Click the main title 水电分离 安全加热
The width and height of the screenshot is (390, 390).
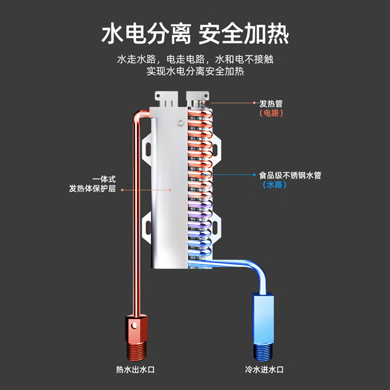(x=195, y=34)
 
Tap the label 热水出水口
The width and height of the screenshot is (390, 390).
(x=136, y=370)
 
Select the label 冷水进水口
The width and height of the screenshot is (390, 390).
(x=264, y=370)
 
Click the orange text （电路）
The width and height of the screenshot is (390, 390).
(x=271, y=113)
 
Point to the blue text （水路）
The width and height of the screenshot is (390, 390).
(x=274, y=185)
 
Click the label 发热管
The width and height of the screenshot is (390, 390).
(x=271, y=103)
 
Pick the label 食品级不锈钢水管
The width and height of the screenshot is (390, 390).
(x=290, y=175)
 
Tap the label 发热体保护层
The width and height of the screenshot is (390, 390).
(x=92, y=189)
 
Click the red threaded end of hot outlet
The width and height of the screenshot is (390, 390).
(x=136, y=351)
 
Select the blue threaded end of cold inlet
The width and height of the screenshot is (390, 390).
(x=263, y=351)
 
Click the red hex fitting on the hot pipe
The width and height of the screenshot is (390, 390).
(x=136, y=329)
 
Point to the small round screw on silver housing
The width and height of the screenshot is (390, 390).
(x=181, y=123)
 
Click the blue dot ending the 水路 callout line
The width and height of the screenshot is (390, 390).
(x=254, y=175)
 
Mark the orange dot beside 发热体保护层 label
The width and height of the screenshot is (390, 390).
(x=122, y=190)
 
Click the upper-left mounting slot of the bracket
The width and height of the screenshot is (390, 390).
(x=148, y=149)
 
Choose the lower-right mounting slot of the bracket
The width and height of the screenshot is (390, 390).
(x=215, y=227)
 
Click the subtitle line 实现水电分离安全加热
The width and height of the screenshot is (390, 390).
(x=195, y=71)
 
